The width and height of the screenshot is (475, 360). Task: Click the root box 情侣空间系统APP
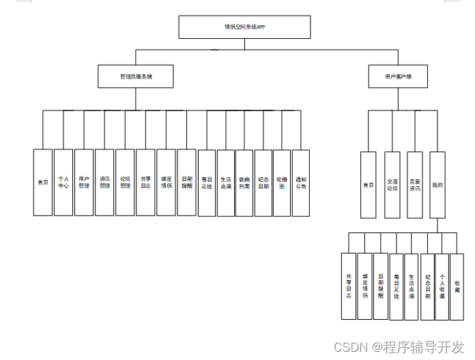(x=244, y=27)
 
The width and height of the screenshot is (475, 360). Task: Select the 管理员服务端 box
(x=135, y=76)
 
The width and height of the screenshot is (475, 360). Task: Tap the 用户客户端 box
(x=399, y=76)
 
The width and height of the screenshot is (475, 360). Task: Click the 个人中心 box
(x=63, y=183)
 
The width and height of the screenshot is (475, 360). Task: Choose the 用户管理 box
(x=84, y=183)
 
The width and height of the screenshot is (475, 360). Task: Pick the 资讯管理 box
(x=104, y=183)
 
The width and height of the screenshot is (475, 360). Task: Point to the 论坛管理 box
(x=125, y=183)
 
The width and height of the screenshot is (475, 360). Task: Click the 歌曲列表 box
(x=244, y=183)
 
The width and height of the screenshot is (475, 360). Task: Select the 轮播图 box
(x=281, y=183)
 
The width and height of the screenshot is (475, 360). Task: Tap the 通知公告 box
(x=300, y=183)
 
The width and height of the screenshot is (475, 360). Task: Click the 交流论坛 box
(x=391, y=185)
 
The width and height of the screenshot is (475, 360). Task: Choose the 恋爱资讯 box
(x=414, y=185)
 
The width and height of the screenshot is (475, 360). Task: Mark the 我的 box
(x=437, y=185)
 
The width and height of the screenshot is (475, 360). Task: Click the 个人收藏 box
(x=442, y=286)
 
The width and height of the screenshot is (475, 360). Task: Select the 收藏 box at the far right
(x=457, y=286)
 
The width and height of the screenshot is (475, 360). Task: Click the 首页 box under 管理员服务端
(x=43, y=183)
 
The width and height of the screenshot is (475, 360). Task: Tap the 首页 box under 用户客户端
(x=368, y=185)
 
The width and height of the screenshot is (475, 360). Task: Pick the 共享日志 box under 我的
(x=349, y=286)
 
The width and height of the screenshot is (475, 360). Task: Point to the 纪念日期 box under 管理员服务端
(x=263, y=183)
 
